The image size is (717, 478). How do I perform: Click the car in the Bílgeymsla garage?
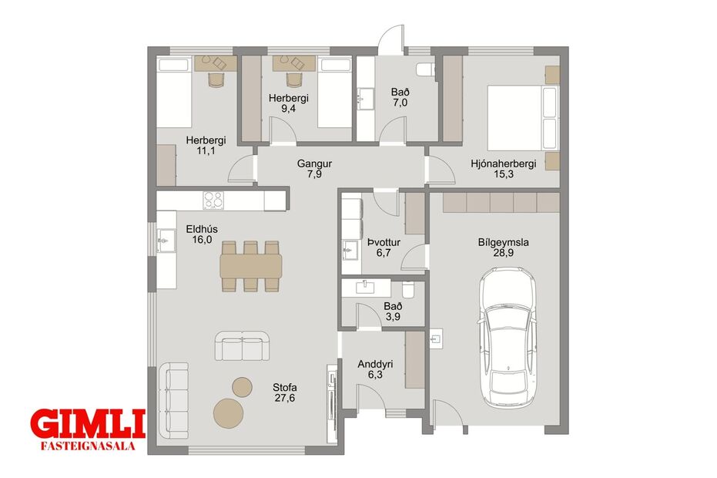pos(508,338)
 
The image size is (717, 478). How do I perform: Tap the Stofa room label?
pos(285,388)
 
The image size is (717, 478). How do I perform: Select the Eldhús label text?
pos(202,230)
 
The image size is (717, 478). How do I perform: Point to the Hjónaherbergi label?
pos(504,163)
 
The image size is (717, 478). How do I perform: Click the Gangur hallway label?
pos(314,163)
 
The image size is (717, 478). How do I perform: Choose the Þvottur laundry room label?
pos(384,242)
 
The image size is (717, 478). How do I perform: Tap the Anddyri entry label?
pos(375,365)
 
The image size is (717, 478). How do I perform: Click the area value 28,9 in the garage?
pos(503,252)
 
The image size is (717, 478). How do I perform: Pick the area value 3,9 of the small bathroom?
pos(393,316)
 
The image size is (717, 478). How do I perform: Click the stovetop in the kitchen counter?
pos(213,200)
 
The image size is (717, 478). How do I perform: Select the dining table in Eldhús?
pos(251,266)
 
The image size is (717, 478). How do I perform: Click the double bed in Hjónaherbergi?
pos(523,117)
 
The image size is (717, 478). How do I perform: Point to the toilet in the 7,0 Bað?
pos(425,69)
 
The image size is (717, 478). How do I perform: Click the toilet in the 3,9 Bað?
pos(408,289)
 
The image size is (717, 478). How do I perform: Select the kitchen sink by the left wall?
pos(166,240)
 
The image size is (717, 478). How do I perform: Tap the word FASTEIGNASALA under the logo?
pos(88,446)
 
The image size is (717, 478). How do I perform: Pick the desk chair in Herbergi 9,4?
pos(294,79)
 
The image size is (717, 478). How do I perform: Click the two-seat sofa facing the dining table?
pos(243,345)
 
